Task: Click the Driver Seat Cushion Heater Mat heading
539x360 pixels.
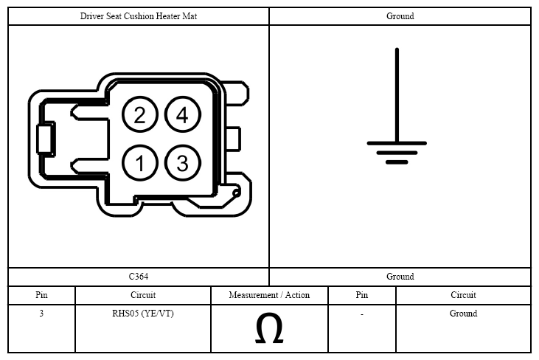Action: (x=139, y=16)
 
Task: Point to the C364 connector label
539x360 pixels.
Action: (x=139, y=277)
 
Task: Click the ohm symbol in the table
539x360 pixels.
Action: (x=269, y=328)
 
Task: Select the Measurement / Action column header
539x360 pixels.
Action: (x=269, y=295)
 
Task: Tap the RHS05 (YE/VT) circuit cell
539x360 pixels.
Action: (x=143, y=314)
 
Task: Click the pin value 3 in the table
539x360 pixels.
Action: (x=41, y=314)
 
